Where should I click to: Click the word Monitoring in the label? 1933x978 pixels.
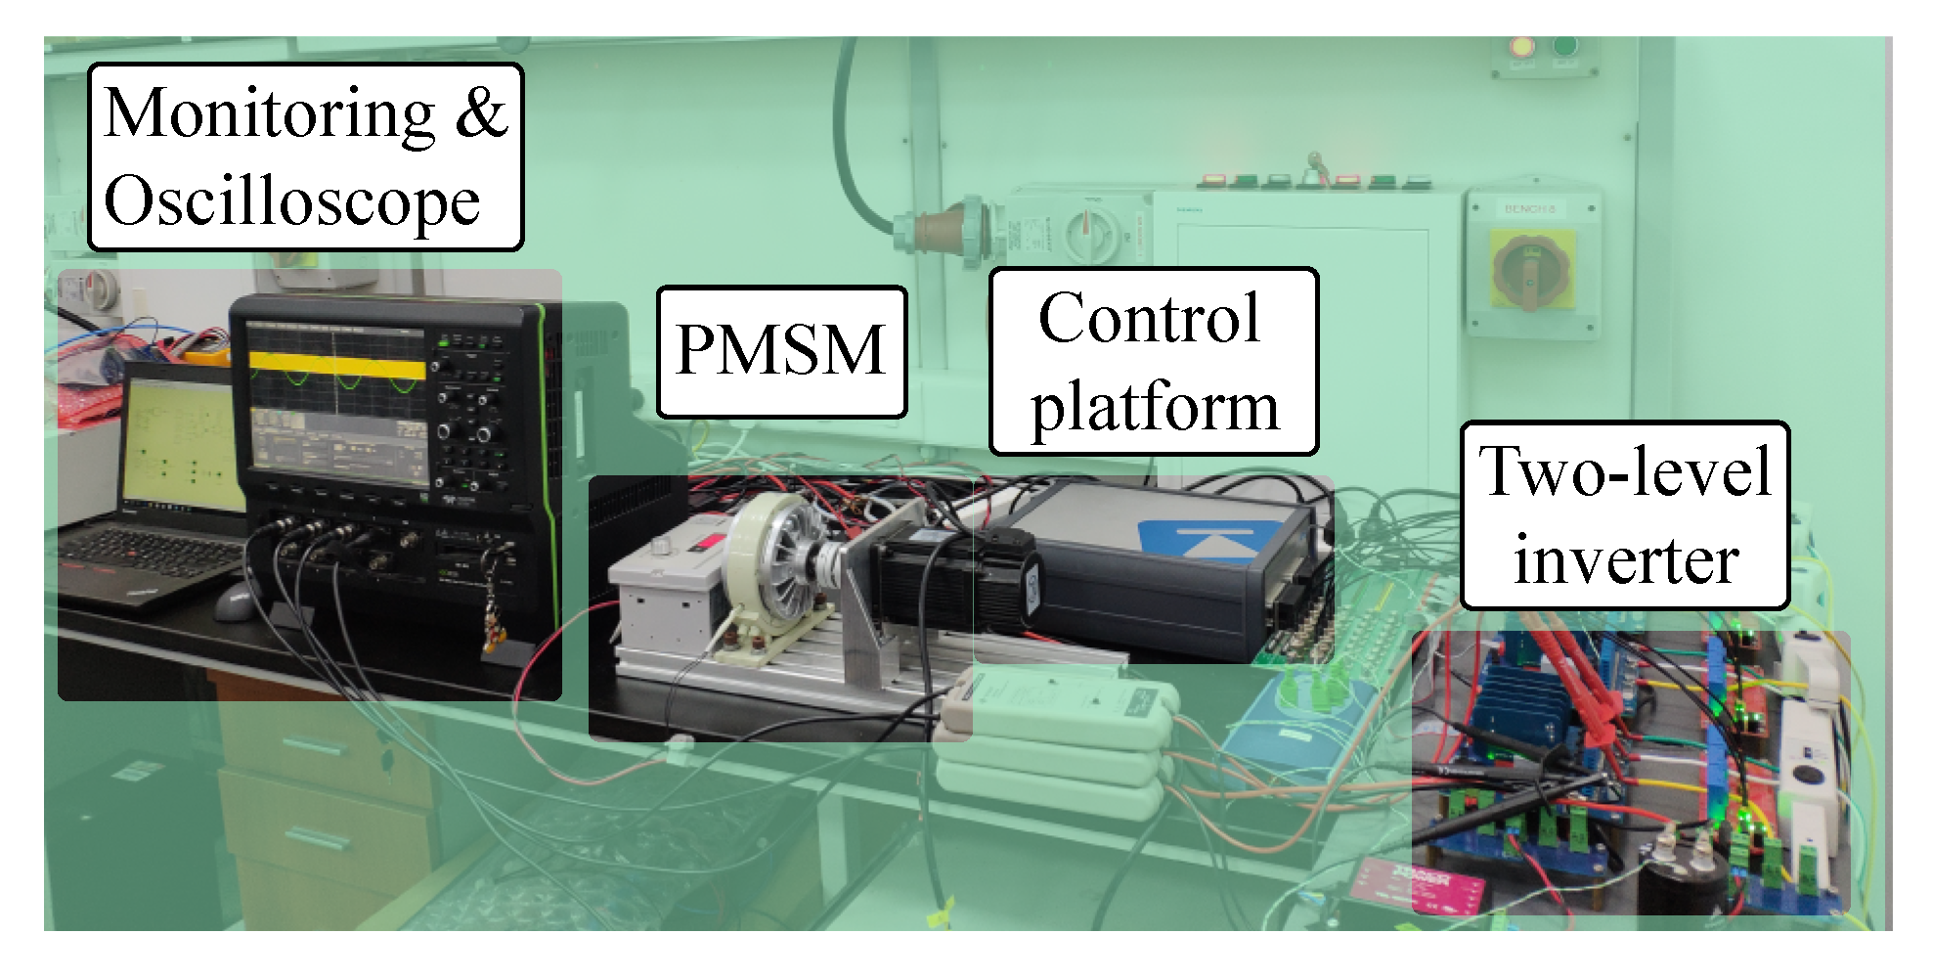point(269,114)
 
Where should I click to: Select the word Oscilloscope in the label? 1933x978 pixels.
point(291,201)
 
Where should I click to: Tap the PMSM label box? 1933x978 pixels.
point(780,351)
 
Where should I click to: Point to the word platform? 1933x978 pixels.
point(1155,409)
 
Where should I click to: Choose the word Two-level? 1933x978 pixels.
point(1625,471)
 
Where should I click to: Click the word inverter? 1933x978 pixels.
point(1625,561)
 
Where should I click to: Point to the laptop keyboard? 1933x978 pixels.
point(147,557)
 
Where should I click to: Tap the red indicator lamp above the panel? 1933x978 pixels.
point(1521,45)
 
